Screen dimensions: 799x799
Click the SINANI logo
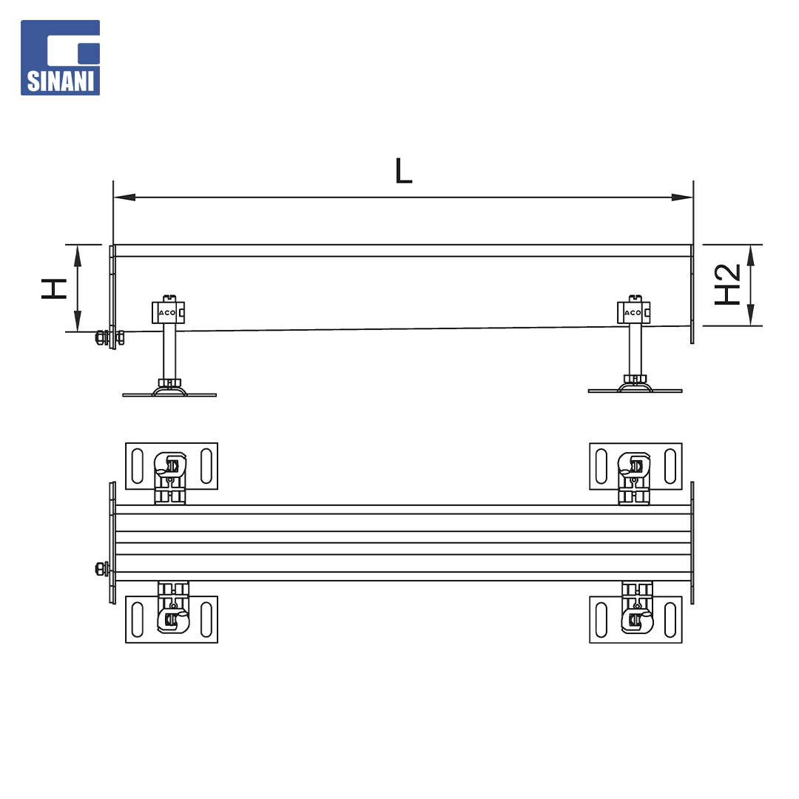pyautogui.click(x=60, y=58)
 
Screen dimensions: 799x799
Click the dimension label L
pyautogui.click(x=403, y=171)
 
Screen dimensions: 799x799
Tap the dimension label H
pyautogui.click(x=54, y=289)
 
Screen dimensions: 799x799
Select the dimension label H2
pyautogui.click(x=727, y=284)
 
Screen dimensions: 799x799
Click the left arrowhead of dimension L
pyautogui.click(x=124, y=198)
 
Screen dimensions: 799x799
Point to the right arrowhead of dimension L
pyautogui.click(x=682, y=198)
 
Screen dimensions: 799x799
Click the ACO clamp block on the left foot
pyautogui.click(x=168, y=312)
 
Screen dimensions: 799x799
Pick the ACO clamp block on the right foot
pyautogui.click(x=633, y=312)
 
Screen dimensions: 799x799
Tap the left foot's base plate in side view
pyautogui.click(x=169, y=394)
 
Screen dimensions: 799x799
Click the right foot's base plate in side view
pyautogui.click(x=635, y=391)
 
